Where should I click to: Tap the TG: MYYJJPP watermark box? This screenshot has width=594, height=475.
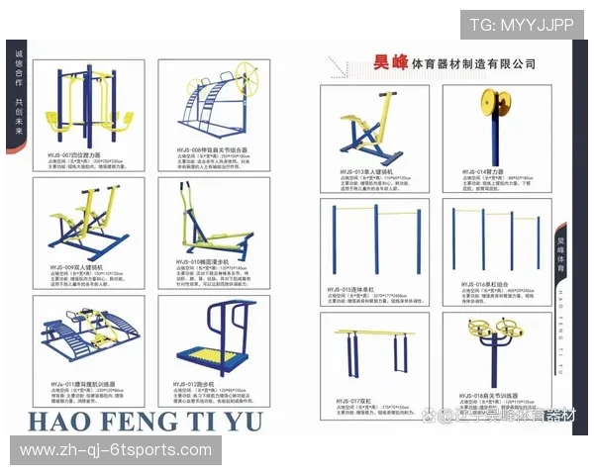521,25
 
